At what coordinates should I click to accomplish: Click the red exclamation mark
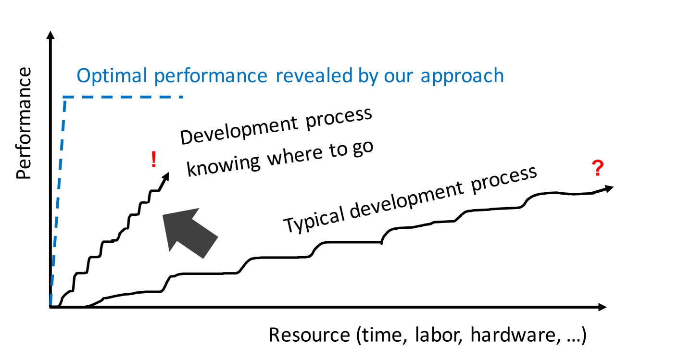pos(154,160)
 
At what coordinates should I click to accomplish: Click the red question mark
pos(597,168)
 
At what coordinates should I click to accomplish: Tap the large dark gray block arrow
pos(190,233)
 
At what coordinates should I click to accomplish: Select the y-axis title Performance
pos(24,123)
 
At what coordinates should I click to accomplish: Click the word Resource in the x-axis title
pos(310,335)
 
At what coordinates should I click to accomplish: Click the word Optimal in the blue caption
pos(112,76)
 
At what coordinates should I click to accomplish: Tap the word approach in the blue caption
pos(462,76)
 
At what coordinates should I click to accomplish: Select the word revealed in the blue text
pos(314,75)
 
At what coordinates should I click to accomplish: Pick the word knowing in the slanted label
pos(224,166)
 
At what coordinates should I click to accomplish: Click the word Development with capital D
pos(239,131)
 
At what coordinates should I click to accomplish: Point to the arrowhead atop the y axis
pos(50,35)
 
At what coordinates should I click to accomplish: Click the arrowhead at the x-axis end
pos(603,307)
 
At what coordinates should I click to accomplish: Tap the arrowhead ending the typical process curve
pos(609,189)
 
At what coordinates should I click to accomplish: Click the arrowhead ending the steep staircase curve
pos(165,176)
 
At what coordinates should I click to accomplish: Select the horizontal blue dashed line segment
pos(123,97)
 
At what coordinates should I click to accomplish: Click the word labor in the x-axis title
pos(439,335)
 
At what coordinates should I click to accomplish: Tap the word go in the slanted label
pos(363,149)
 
